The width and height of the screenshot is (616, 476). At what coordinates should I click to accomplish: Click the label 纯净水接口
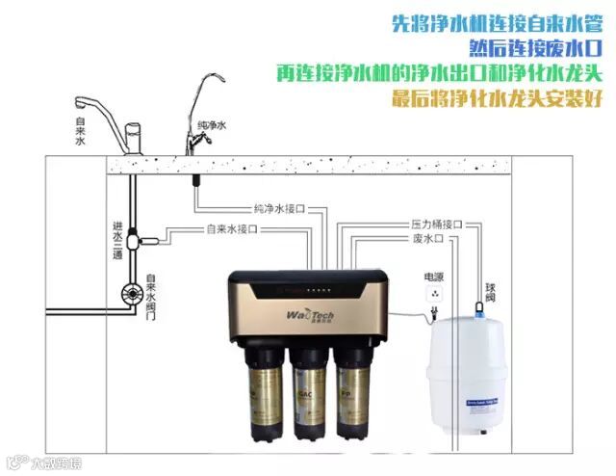pos(279,208)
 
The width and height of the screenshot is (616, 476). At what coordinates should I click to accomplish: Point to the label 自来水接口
pos(233,229)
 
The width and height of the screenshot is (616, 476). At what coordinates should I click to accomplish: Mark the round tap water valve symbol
pos(127,293)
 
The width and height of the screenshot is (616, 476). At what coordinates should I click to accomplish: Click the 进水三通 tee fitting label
pos(116,241)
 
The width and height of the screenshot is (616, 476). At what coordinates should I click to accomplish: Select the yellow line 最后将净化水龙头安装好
pos(499,98)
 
